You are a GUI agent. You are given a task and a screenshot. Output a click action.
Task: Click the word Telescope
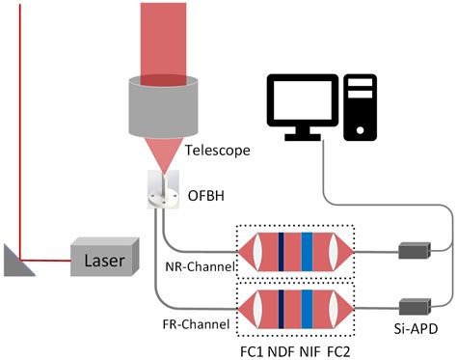coord(218,151)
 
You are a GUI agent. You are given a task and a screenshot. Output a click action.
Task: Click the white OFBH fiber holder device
coord(162,191)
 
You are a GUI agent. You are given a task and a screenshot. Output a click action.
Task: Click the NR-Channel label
coord(196,265)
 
